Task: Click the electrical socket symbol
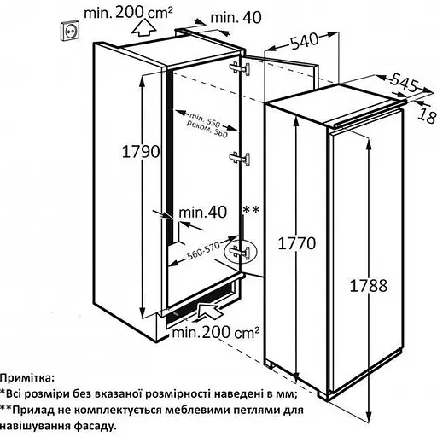tap(70, 30)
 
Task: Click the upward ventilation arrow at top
tap(144, 28)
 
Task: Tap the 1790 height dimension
tap(141, 151)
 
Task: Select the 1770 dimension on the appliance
tap(297, 243)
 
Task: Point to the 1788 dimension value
tap(369, 285)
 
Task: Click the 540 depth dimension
tap(304, 42)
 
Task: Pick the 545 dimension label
tap(405, 83)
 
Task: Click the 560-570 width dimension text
tap(203, 251)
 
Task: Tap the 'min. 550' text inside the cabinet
tap(205, 119)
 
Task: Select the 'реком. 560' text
tap(207, 130)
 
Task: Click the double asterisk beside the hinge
tap(251, 211)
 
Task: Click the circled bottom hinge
tap(241, 252)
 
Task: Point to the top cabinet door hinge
tap(240, 67)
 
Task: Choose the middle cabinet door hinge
tap(240, 159)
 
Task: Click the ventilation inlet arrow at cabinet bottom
tap(210, 312)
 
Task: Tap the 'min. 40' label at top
tap(236, 17)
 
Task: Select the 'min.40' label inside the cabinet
tap(203, 212)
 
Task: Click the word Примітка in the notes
tap(26, 379)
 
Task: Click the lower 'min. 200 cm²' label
tap(216, 332)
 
